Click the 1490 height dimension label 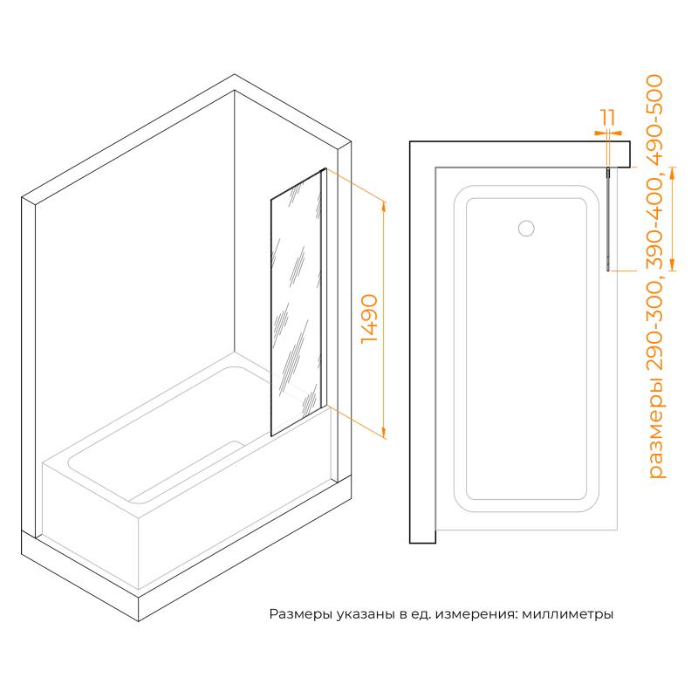click(x=369, y=318)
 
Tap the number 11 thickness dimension click(x=608, y=117)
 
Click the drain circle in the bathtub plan click(x=526, y=228)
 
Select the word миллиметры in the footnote click(x=568, y=615)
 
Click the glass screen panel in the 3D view click(x=296, y=302)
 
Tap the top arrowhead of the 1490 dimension click(x=384, y=207)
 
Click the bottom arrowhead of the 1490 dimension click(x=384, y=433)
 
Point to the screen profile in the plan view click(x=608, y=219)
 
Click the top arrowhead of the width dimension click(x=673, y=173)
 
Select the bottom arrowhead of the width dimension click(x=673, y=265)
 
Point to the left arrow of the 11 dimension click(x=600, y=133)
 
